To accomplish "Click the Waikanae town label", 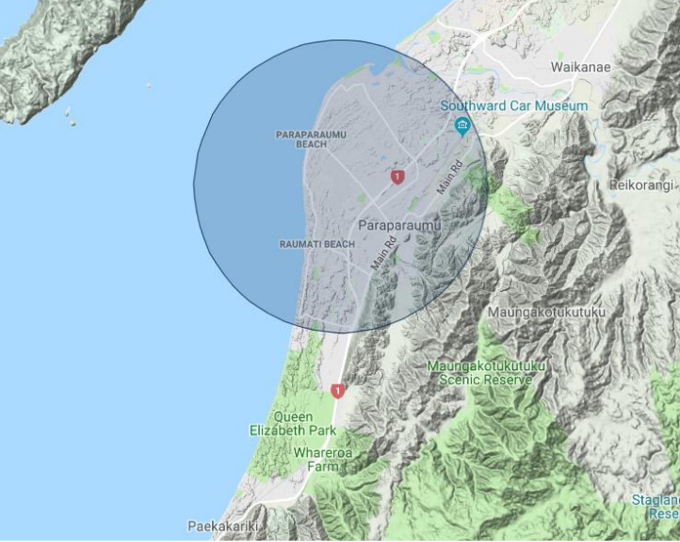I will pyautogui.click(x=581, y=67).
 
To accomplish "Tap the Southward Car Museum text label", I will pyautogui.click(x=514, y=106).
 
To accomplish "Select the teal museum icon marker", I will pyautogui.click(x=462, y=125).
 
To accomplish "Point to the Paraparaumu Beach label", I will pyautogui.click(x=311, y=139).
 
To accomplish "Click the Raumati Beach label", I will pyautogui.click(x=317, y=244).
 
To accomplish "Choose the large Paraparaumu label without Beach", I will pyautogui.click(x=399, y=225).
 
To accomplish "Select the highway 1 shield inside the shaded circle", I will pyautogui.click(x=398, y=177).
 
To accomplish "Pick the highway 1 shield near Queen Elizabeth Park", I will pyautogui.click(x=338, y=391).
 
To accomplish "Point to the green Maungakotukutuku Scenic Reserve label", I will pyautogui.click(x=486, y=373).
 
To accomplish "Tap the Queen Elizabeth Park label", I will pyautogui.click(x=292, y=424).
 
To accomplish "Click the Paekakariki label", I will pyautogui.click(x=223, y=526).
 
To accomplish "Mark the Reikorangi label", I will pyautogui.click(x=641, y=185).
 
